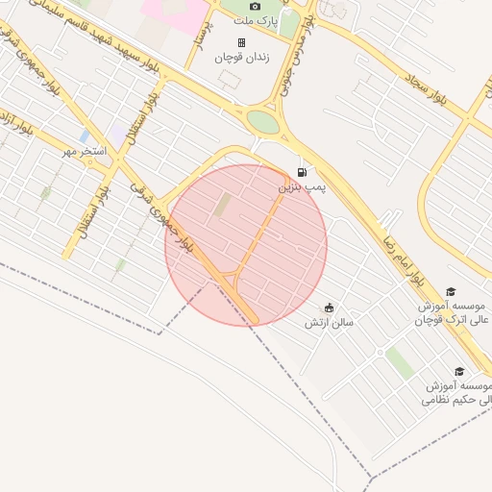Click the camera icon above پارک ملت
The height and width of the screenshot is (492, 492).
(255, 6)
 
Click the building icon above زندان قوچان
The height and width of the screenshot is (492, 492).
(241, 42)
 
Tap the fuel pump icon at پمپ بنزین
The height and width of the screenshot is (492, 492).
(302, 173)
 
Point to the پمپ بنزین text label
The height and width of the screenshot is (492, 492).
(303, 187)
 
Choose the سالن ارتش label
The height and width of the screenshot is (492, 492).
(330, 323)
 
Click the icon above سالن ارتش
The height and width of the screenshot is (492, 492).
(330, 307)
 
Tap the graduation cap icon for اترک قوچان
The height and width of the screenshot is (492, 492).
(451, 292)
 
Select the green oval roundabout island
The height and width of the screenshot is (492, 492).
(262, 122)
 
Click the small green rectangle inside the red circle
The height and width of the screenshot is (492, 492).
(223, 205)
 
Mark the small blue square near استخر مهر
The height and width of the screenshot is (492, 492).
(86, 136)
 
